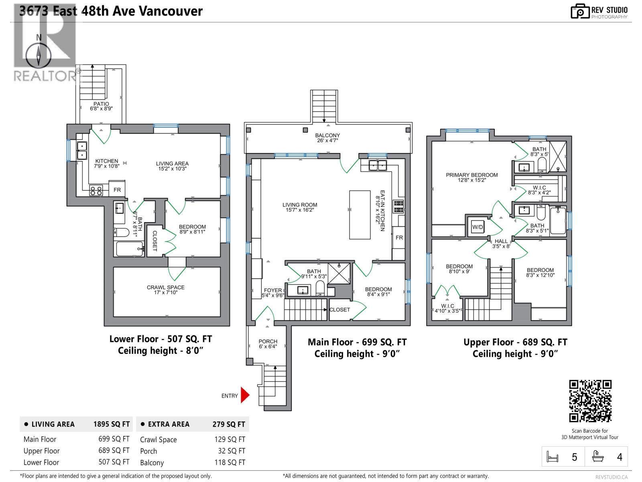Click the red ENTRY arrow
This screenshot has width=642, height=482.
tap(245, 395)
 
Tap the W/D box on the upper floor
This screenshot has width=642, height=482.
tap(477, 227)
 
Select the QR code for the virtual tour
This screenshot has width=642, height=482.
tap(590, 401)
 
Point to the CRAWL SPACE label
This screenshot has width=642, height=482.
tap(165, 290)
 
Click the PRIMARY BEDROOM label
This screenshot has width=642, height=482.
tap(471, 177)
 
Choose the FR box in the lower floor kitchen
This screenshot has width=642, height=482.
tap(117, 190)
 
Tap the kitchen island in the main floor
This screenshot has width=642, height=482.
tap(360, 215)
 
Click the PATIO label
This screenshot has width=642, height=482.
tap(101, 106)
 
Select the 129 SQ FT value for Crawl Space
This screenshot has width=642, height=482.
tap(230, 439)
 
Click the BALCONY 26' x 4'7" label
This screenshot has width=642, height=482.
tap(327, 138)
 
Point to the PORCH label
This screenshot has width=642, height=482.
tap(268, 344)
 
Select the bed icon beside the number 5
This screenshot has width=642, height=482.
tap(553, 457)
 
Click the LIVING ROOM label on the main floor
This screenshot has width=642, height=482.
tap(299, 207)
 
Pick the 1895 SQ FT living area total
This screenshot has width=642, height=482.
tap(112, 424)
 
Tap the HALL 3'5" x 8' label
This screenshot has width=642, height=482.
tap(501, 243)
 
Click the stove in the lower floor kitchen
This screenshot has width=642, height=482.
tap(96, 190)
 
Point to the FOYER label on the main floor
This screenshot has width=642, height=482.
tap(273, 292)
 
